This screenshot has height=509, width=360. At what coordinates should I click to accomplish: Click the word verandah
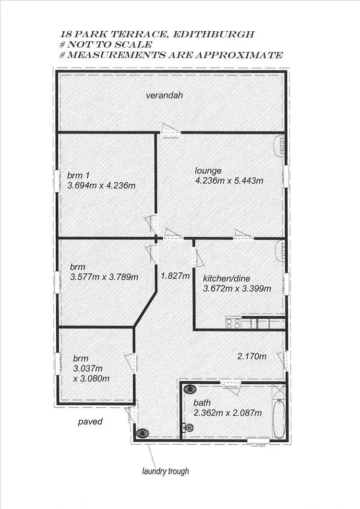pos(164,95)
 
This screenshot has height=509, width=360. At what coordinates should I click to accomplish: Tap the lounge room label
pos(208,171)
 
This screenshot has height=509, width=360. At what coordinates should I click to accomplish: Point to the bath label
pos(202,402)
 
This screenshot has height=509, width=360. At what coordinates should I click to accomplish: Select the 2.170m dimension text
pos(252,356)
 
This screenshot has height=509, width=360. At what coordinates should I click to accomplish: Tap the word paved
pos(90,422)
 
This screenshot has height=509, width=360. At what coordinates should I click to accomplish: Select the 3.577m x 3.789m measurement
pos(104,277)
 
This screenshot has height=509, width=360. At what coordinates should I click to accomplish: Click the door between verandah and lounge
pos(170,129)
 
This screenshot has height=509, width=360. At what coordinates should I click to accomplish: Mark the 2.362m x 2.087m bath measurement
pos(228,413)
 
